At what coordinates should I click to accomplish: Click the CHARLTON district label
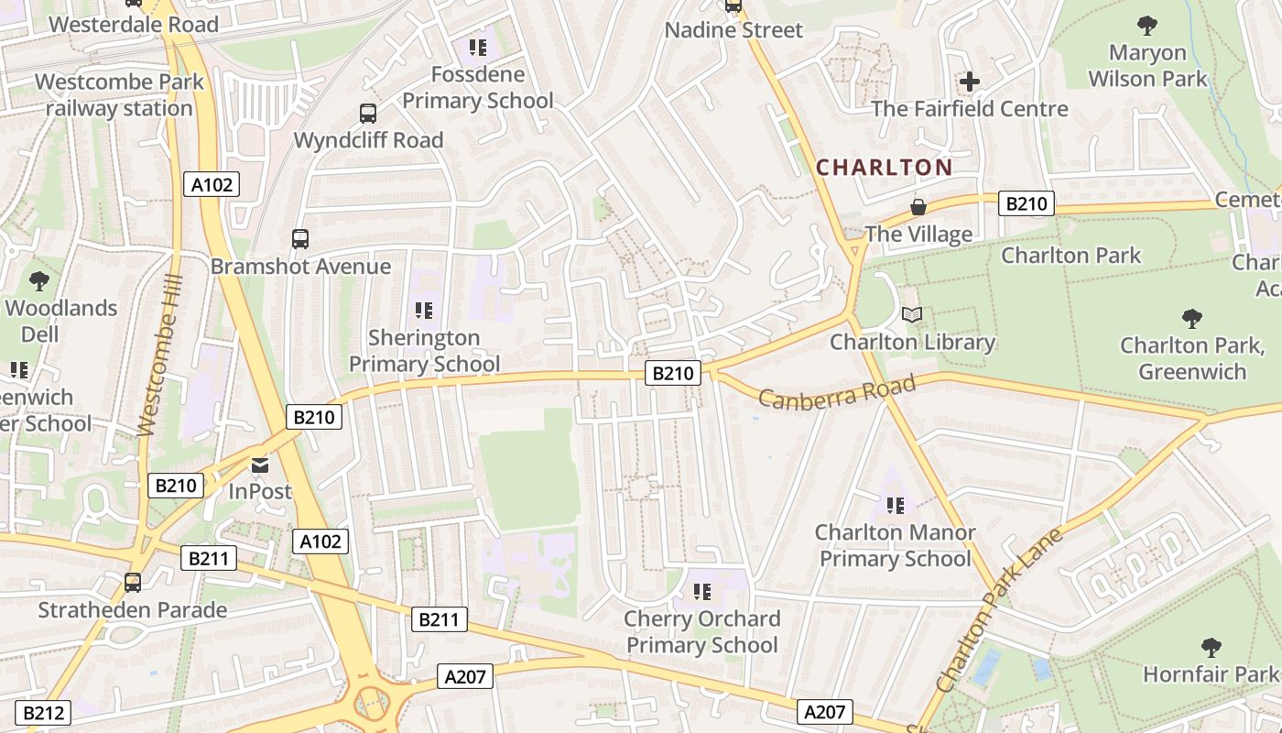click(x=884, y=168)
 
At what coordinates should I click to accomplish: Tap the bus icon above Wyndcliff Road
click(x=368, y=114)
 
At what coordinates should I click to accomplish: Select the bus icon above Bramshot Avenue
click(x=300, y=239)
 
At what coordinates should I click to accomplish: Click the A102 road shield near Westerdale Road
click(x=212, y=185)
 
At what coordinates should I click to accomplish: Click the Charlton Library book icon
click(x=912, y=315)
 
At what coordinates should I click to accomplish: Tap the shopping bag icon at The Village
click(x=918, y=208)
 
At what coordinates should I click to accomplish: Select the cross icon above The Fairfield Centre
click(x=970, y=82)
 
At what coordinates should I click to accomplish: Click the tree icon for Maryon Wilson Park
click(x=1146, y=26)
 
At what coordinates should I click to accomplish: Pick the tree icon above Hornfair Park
click(x=1211, y=648)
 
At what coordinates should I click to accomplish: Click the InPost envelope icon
click(x=261, y=465)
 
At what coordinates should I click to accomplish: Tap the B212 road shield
click(x=43, y=713)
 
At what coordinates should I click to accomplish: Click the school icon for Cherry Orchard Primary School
click(x=702, y=592)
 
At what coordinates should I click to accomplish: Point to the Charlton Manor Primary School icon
click(x=896, y=505)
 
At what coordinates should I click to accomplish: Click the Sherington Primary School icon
click(x=423, y=311)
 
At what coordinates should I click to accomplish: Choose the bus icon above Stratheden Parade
click(x=133, y=583)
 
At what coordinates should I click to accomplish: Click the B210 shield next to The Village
click(x=1026, y=203)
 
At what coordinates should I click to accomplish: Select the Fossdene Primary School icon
click(x=477, y=48)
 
